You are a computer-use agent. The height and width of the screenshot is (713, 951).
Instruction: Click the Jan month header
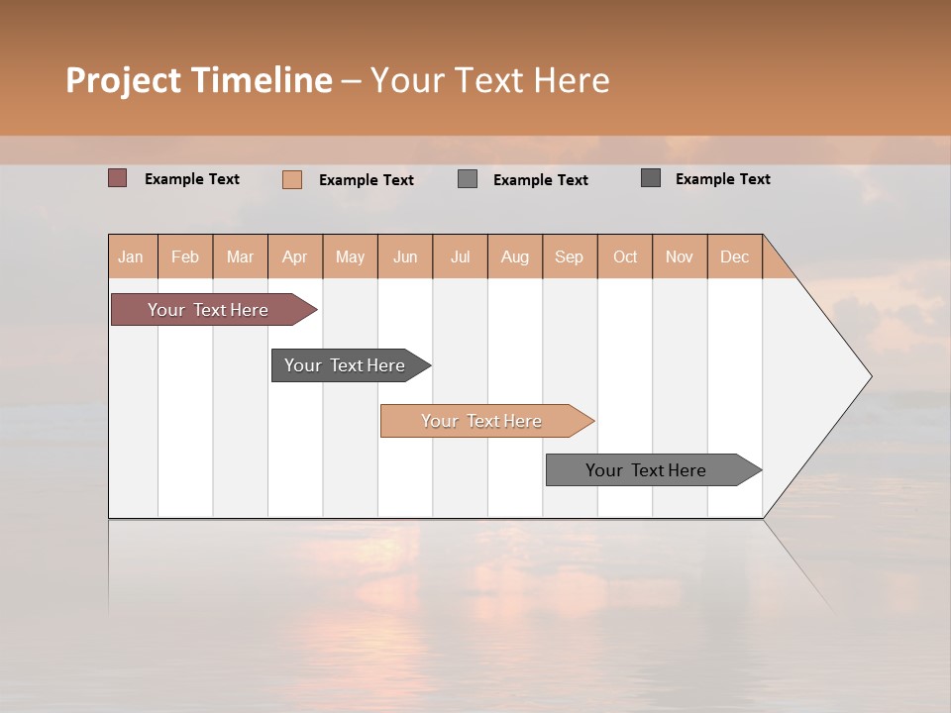pyautogui.click(x=132, y=256)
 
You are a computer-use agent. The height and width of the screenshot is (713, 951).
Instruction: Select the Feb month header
pyautogui.click(x=185, y=256)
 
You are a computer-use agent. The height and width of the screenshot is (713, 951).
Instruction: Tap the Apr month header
pyautogui.click(x=295, y=256)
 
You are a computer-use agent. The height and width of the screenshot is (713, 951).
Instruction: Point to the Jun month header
pyautogui.click(x=405, y=256)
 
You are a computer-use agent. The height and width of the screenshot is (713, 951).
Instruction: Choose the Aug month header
pyautogui.click(x=515, y=256)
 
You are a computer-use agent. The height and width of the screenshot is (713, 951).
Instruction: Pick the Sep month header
pyautogui.click(x=570, y=256)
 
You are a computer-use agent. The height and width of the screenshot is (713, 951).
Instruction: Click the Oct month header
pyautogui.click(x=625, y=256)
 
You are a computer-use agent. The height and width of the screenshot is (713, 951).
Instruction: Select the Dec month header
pyautogui.click(x=735, y=256)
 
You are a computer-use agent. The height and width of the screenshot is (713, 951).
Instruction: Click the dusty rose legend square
pyautogui.click(x=118, y=178)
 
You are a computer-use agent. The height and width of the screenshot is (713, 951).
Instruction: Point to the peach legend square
pyautogui.click(x=292, y=179)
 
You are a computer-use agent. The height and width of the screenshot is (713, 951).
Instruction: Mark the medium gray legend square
pyautogui.click(x=468, y=179)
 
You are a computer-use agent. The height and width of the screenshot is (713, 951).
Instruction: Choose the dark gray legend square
pyautogui.click(x=651, y=178)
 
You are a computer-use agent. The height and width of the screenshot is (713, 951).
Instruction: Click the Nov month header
pyautogui.click(x=680, y=256)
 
